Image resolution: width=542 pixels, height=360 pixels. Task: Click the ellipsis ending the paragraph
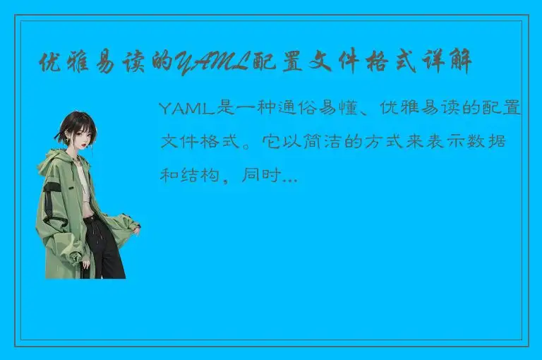click(x=289, y=179)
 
